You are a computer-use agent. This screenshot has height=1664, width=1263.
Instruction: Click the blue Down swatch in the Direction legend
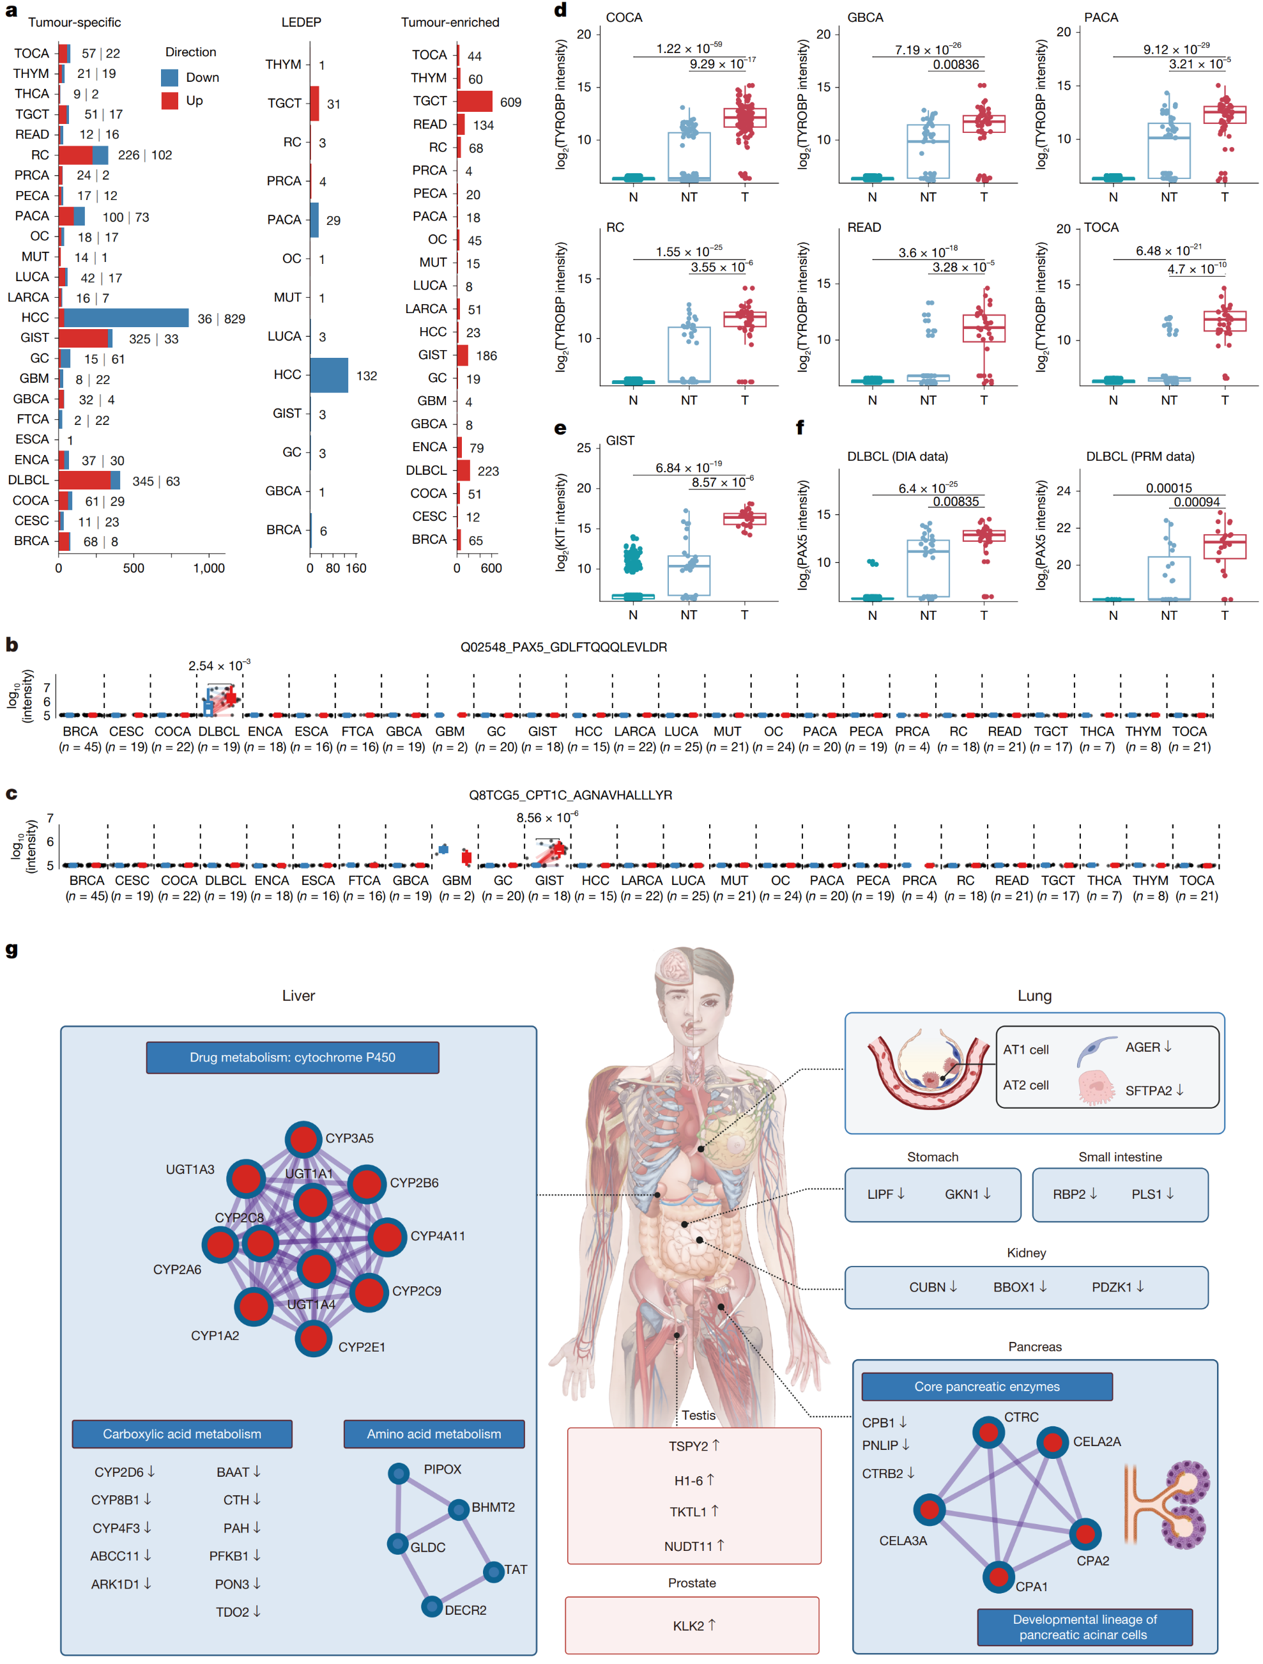pos(170,77)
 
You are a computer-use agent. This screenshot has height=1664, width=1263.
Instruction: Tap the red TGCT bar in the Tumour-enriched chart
pos(475,101)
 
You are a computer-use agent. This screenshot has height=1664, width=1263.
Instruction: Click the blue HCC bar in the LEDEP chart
pos(330,374)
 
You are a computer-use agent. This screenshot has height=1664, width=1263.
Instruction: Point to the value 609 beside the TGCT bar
pos(511,102)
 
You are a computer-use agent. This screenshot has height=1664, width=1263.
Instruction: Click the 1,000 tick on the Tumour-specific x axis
pos(209,568)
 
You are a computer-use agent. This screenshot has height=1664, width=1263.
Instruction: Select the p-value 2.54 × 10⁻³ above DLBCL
pos(219,665)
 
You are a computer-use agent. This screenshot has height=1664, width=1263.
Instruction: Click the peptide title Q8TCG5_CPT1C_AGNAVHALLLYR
pos(570,794)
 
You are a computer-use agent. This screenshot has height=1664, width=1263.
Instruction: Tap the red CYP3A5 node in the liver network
pos(304,1139)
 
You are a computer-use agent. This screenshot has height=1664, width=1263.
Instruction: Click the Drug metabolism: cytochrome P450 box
pos(293,1057)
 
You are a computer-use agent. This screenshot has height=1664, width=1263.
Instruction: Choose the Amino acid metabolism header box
pos(434,1434)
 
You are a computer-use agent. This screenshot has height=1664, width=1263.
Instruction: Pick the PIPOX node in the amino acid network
pos(399,1473)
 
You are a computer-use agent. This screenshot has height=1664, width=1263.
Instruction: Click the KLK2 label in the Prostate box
pos(688,1626)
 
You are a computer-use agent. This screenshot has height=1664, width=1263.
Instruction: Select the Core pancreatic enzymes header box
pos(987,1387)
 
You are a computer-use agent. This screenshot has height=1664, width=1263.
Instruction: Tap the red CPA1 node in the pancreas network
pos(999,1576)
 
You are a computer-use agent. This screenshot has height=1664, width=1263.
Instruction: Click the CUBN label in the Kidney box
pos(927,1287)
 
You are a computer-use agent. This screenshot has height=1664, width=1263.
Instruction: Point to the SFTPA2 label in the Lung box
pos(1148,1091)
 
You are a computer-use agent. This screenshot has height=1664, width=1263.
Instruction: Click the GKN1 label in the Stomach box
pos(961,1194)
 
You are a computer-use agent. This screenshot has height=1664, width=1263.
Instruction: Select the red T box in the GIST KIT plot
pos(745,518)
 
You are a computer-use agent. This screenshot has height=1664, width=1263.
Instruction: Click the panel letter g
pos(11,950)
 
